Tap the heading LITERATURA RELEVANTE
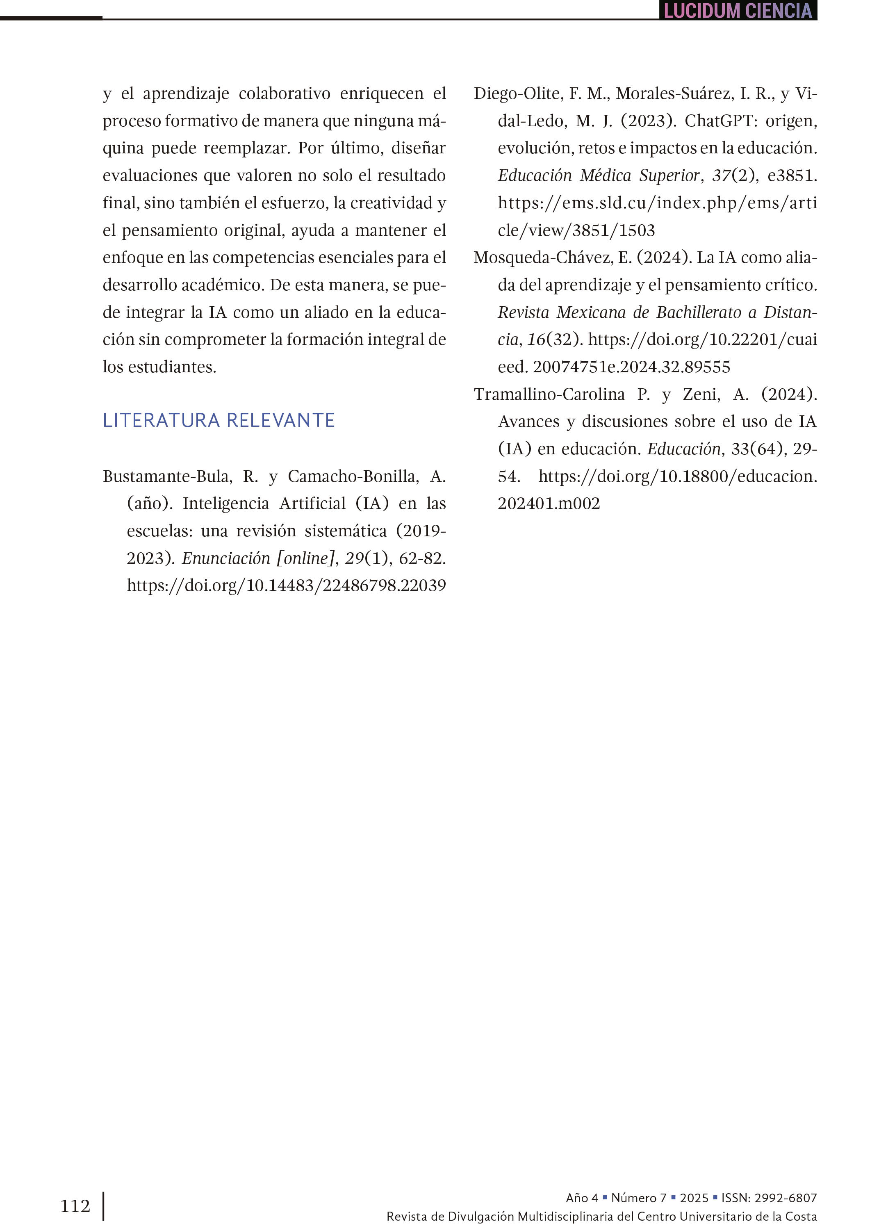tap(219, 420)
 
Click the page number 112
tap(75, 1205)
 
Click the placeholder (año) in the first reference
tap(150, 503)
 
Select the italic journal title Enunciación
tap(226, 558)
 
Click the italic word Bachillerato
tap(698, 312)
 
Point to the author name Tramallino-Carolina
tap(549, 394)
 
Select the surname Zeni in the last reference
tap(701, 394)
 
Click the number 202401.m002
tap(549, 503)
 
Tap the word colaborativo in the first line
tap(284, 93)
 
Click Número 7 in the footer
tap(638, 1198)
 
